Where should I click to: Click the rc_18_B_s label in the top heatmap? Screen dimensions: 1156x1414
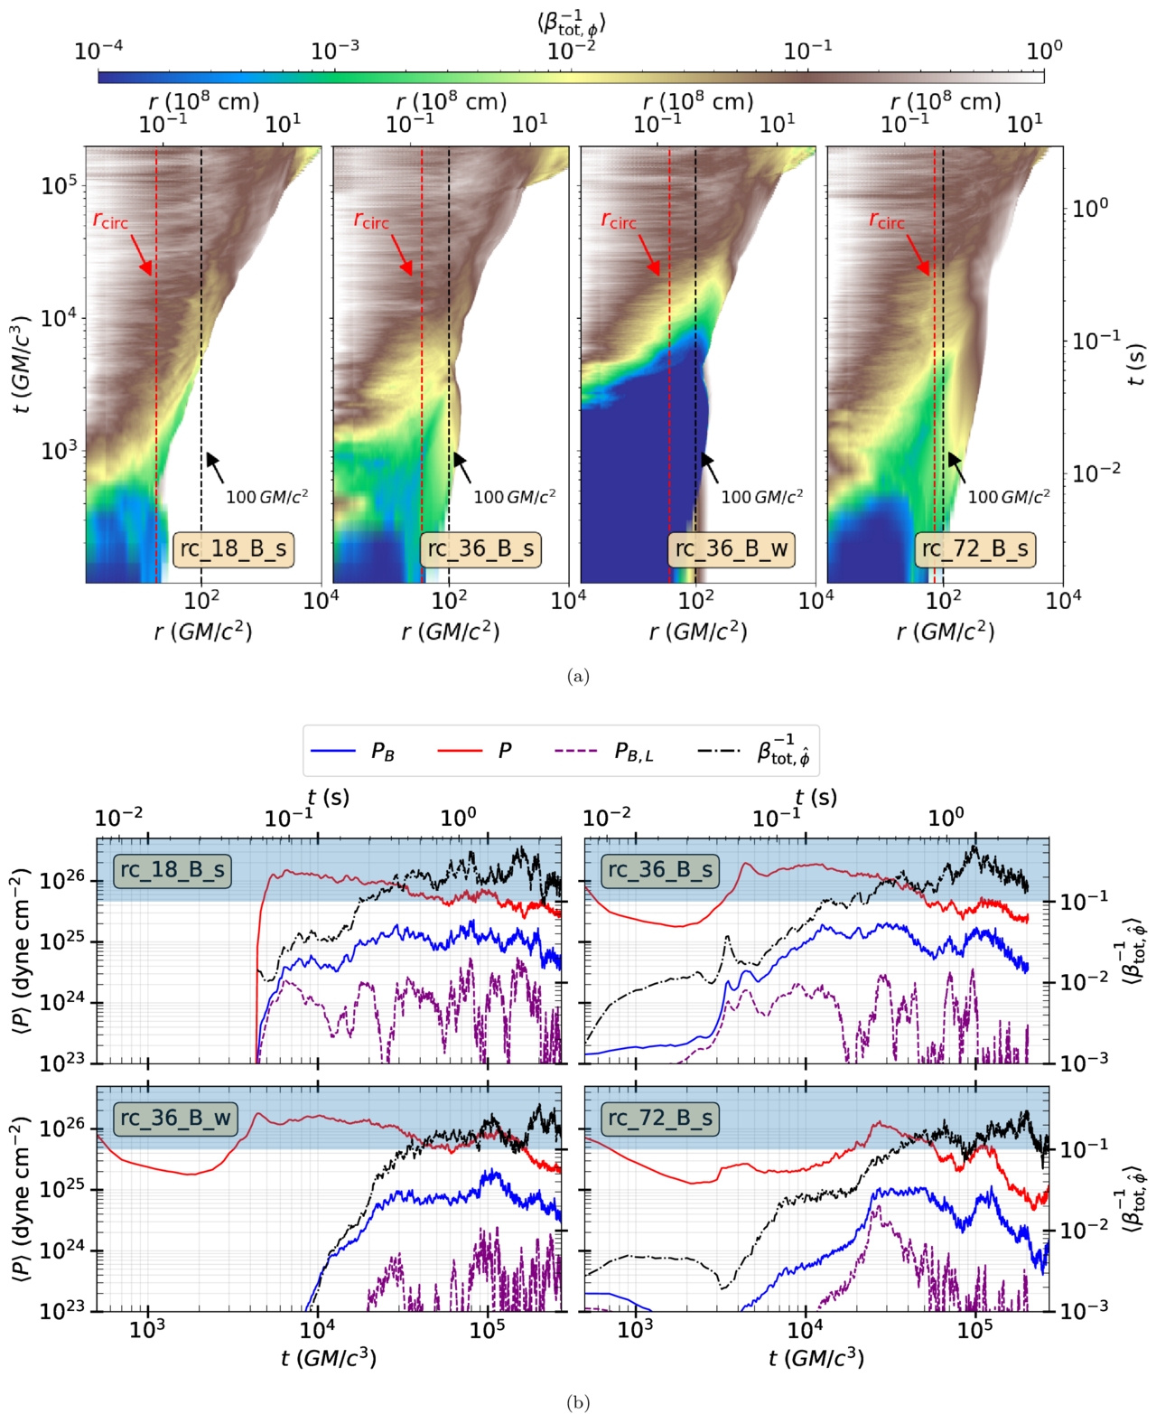pyautogui.click(x=233, y=549)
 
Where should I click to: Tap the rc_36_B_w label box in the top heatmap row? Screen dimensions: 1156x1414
pyautogui.click(x=732, y=549)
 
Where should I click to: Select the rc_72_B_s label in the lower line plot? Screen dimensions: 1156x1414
pyautogui.click(x=660, y=1119)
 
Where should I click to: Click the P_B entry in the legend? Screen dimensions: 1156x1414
pyautogui.click(x=352, y=751)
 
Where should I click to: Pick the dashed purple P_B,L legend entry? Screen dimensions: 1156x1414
pyautogui.click(x=604, y=751)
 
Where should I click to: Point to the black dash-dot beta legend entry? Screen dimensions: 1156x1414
pyautogui.click(x=754, y=751)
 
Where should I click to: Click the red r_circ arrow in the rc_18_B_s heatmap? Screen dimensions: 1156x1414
pyautogui.click(x=142, y=255)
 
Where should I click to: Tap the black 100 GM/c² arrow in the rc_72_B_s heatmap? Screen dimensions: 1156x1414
pyautogui.click(x=957, y=467)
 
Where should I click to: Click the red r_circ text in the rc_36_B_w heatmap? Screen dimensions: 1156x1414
pyautogui.click(x=618, y=220)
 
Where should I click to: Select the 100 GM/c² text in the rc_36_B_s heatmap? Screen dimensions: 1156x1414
pyautogui.click(x=515, y=497)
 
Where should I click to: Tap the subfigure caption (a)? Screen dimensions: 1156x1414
pyautogui.click(x=578, y=677)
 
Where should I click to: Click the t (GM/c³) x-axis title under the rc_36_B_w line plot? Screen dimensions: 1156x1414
pyautogui.click(x=329, y=1358)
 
